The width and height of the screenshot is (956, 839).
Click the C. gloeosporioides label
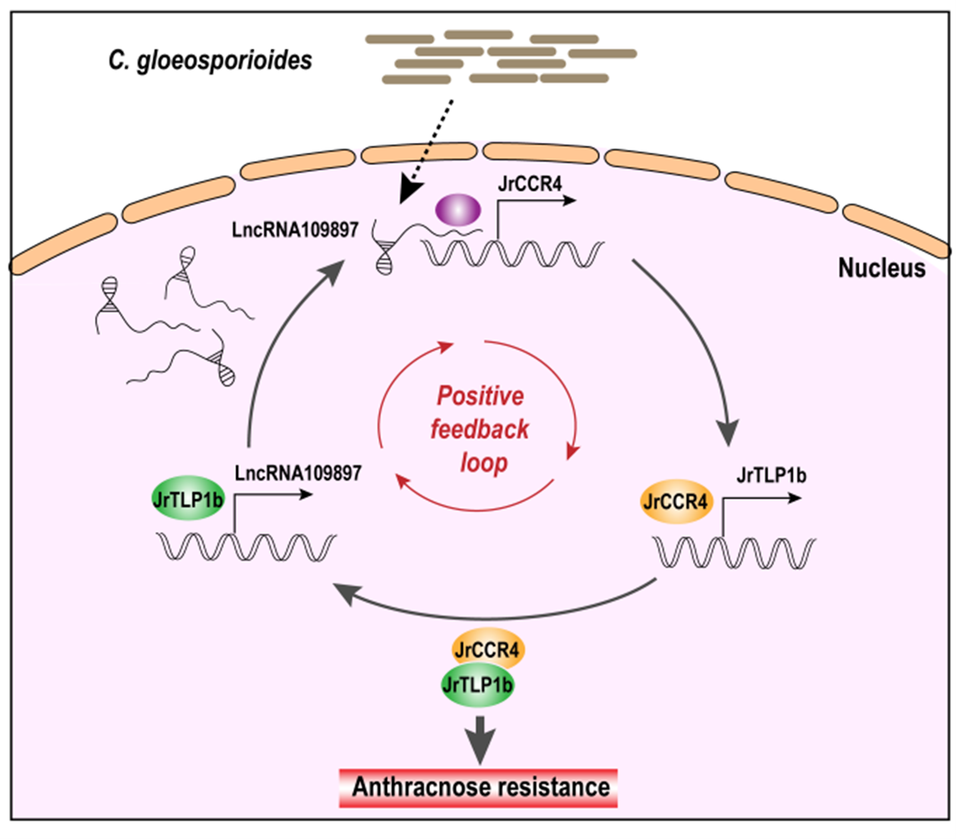210,60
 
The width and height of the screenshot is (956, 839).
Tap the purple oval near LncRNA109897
457,209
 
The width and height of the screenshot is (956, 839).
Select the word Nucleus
882,268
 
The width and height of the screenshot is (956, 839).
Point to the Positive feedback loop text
480,429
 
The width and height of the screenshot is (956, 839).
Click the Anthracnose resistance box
480,787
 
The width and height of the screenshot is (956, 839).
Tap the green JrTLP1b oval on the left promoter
188,499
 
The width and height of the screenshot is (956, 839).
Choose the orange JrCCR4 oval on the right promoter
676,502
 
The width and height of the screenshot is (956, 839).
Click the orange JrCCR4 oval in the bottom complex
486,650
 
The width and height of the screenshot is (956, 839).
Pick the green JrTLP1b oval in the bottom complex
477,685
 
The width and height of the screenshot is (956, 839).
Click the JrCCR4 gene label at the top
530,184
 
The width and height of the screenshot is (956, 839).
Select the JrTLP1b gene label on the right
771,476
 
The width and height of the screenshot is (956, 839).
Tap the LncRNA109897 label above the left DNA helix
298,473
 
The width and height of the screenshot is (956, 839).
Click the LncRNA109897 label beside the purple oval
295,230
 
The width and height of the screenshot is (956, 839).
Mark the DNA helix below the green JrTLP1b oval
245,547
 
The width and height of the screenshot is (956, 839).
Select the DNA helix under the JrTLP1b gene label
734,552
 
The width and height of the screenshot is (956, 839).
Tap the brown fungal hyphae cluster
502,57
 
